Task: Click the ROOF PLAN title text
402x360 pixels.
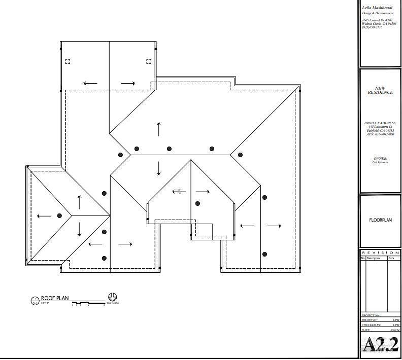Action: click(x=54, y=299)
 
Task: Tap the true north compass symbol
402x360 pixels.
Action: click(x=112, y=297)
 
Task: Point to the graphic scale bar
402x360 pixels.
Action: click(x=88, y=303)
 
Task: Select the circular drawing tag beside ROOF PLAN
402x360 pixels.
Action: click(x=35, y=301)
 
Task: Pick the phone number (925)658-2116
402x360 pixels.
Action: click(x=373, y=27)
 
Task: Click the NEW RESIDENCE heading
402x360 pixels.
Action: click(x=380, y=90)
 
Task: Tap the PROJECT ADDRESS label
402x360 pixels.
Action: click(x=380, y=123)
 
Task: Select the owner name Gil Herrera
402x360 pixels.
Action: click(x=380, y=162)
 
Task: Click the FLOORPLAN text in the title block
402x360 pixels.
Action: click(x=380, y=221)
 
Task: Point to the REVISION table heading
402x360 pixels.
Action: click(x=380, y=253)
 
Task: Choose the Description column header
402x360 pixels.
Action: click(x=373, y=258)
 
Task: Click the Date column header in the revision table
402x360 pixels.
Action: click(x=391, y=258)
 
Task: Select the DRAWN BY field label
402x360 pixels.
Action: click(x=370, y=320)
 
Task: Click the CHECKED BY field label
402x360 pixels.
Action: click(x=371, y=325)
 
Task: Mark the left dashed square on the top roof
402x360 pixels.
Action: click(x=68, y=61)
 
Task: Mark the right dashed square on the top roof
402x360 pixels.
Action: click(x=149, y=61)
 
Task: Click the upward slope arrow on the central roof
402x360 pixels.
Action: click(x=159, y=129)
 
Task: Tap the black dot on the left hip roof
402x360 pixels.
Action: click(x=59, y=215)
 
